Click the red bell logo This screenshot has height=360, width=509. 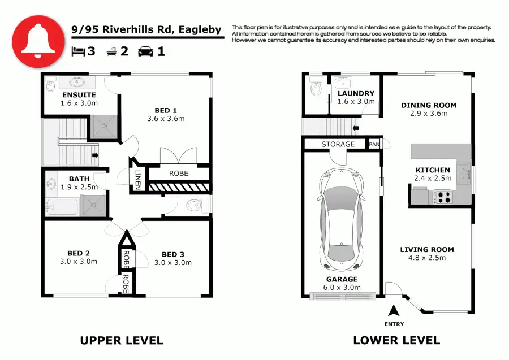click(38, 41)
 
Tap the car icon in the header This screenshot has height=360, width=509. click(145, 51)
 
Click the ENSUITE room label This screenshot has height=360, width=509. click(79, 95)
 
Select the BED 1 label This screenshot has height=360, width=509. click(166, 111)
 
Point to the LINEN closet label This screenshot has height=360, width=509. click(138, 180)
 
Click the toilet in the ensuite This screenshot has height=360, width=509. click(51, 85)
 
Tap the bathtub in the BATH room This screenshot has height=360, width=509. click(62, 206)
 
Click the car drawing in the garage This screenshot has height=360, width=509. click(342, 220)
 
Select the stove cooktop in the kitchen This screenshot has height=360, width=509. click(443, 197)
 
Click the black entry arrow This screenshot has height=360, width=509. click(394, 310)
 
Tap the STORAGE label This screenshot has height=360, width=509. click(338, 144)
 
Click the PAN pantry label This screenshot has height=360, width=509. click(374, 144)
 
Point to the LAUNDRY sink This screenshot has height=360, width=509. click(343, 83)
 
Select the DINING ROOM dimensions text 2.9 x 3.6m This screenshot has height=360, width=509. click(429, 114)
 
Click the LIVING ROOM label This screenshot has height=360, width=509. click(427, 249)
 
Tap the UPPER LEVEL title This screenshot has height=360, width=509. click(122, 341)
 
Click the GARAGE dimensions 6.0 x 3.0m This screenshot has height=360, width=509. click(342, 287)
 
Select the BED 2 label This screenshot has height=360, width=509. click(79, 253)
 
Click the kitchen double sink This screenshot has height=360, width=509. click(464, 174)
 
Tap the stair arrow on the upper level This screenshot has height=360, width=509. click(95, 155)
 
